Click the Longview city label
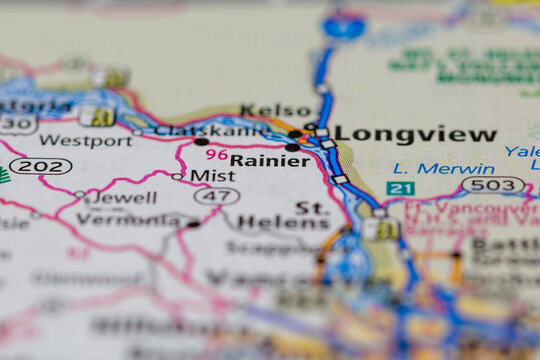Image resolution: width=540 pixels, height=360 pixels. click(x=415, y=134)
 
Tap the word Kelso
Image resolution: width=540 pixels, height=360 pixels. click(x=276, y=110)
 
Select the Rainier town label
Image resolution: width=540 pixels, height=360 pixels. click(x=269, y=160)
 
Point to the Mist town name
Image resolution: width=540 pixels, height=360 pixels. click(x=212, y=176)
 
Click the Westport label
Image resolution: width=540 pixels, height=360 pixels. click(x=85, y=141)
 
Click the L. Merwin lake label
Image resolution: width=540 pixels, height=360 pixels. click(x=443, y=168)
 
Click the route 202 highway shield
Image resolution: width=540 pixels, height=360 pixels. click(x=40, y=166)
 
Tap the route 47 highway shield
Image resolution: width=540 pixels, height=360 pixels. click(x=217, y=196)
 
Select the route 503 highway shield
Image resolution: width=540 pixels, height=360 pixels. click(x=493, y=184)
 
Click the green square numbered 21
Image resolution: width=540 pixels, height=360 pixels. click(x=400, y=188)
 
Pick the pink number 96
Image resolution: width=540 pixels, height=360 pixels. click(x=216, y=154)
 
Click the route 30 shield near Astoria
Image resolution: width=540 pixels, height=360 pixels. click(x=17, y=124)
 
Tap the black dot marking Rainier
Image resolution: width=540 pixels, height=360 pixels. click(x=292, y=147)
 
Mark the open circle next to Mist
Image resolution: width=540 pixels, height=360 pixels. click(x=177, y=176)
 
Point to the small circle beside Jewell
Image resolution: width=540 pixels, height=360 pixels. click(x=80, y=195)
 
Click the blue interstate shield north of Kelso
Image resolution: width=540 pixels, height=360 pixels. click(x=343, y=25)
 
